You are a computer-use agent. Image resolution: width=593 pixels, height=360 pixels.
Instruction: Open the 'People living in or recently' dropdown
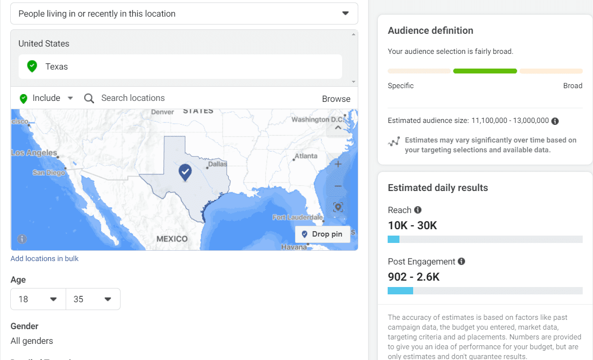pos(184,14)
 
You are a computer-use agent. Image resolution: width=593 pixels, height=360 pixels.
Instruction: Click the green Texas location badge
pos(32,66)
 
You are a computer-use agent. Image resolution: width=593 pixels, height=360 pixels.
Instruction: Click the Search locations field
pos(133,98)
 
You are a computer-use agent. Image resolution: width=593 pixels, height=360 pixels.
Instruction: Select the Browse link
pos(336,98)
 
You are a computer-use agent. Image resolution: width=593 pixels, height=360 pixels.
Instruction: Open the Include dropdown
pos(47,98)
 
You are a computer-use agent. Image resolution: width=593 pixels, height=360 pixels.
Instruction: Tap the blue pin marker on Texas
pos(185,172)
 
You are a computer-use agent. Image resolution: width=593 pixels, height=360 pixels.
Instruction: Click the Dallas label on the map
pos(218,164)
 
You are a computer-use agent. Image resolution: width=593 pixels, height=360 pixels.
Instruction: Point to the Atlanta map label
pos(306,156)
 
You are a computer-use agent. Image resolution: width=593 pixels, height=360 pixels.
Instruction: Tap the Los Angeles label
pos(34,153)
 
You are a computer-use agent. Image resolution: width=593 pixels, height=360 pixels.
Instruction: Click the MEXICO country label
pos(172,239)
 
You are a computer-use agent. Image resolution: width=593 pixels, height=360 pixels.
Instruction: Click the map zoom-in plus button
pos(338,164)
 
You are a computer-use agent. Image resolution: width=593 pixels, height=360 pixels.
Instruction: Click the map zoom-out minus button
pos(338,186)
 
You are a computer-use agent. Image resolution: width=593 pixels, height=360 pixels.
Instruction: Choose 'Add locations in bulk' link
pos(45,259)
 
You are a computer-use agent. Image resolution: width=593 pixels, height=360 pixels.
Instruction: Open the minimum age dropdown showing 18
pos(38,299)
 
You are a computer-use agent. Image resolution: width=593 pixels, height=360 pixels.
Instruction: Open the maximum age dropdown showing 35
pos(93,299)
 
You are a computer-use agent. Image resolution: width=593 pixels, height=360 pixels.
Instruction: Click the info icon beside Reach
pos(418,210)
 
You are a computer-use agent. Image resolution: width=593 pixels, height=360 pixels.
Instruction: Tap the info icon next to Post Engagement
pos(461,262)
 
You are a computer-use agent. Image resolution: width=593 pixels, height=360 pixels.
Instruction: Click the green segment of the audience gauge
pos(485,71)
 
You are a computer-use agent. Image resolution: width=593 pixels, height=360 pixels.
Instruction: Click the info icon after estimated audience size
pos(555,120)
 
